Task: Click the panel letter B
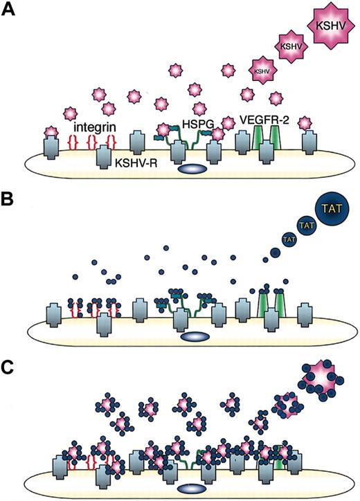pos(10,201)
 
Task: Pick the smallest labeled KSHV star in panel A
pos(261,70)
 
